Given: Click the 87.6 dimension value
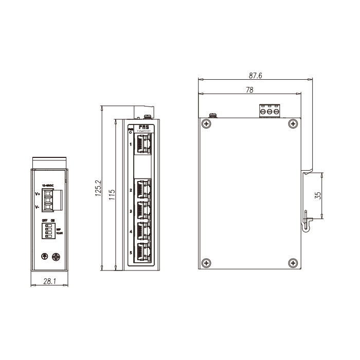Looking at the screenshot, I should [x=256, y=76].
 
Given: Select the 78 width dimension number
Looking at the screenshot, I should [x=249, y=90].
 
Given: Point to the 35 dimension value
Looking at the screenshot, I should [x=317, y=195].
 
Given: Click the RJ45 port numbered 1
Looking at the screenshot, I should [x=143, y=145].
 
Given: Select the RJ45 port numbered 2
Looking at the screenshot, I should [x=143, y=189].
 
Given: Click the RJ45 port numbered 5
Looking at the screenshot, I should [x=143, y=253].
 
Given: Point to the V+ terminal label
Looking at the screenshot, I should [x=38, y=194].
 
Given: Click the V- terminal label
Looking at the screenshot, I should [x=38, y=207].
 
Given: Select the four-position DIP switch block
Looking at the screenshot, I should [x=49, y=230].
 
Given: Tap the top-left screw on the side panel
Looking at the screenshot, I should [x=206, y=123].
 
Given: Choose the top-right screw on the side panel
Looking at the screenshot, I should [x=293, y=123].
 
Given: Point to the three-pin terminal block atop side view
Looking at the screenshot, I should [x=269, y=111].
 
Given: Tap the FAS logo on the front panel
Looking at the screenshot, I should [x=143, y=125].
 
